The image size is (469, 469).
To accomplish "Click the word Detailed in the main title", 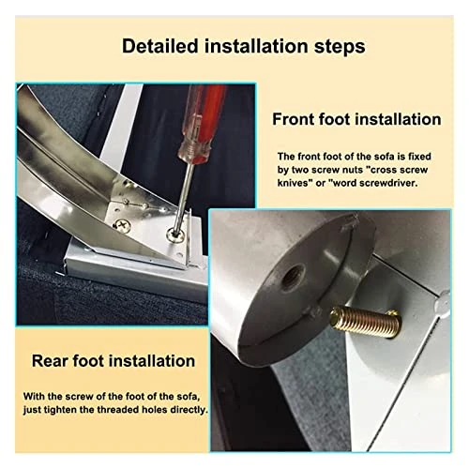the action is point(160,46).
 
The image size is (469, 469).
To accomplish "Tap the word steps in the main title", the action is point(340,47).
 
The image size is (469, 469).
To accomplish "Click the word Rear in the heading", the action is point(50,360).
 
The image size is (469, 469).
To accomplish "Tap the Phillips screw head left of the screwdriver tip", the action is point(122,225).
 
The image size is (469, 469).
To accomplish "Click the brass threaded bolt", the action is point(365,323).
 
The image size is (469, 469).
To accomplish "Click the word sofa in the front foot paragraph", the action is point(385,156).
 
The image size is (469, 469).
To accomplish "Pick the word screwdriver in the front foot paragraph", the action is point(390,183).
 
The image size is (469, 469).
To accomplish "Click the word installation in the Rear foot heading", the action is point(154,360).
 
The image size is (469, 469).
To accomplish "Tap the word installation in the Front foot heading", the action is point(399,119).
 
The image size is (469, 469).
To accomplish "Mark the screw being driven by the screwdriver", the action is point(174,235).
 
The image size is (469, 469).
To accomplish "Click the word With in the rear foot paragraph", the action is point(33,396).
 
